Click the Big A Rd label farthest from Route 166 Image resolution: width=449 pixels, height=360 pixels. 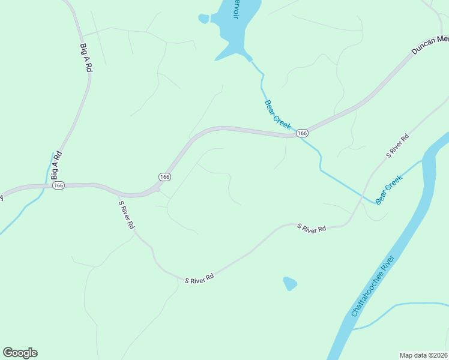point(85,57)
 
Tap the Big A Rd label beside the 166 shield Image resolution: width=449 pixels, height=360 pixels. point(56,166)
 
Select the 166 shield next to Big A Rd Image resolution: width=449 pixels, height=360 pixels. point(58,185)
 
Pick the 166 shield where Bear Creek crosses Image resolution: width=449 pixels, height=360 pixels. point(302,133)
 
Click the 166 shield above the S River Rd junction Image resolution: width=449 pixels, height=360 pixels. point(165,176)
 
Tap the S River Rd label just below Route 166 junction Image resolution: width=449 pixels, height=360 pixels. point(126,215)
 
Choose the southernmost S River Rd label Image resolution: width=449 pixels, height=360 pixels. point(199,280)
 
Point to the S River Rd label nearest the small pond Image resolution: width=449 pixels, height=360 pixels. point(312,229)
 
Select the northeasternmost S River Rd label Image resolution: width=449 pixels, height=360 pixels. point(397,146)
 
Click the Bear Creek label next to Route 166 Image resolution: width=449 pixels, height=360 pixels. point(277,115)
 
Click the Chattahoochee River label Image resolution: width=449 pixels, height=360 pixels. point(373,286)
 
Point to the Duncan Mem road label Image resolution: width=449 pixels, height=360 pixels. point(430,45)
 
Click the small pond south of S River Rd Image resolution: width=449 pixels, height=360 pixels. point(290,283)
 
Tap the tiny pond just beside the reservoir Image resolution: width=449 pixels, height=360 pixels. point(203,19)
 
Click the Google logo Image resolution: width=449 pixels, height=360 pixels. point(20,353)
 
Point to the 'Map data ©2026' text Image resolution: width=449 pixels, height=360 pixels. point(423,355)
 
